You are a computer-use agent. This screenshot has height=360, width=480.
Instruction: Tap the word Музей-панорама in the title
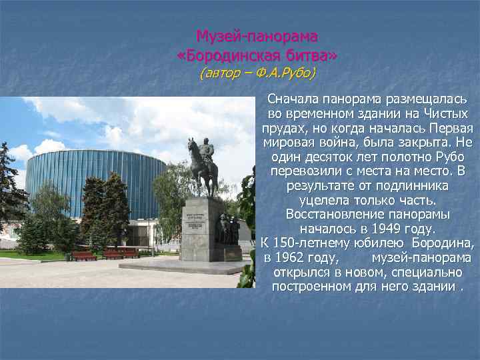pyautogui.click(x=257, y=35)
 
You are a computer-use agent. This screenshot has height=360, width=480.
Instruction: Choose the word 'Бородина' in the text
pyautogui.click(x=443, y=243)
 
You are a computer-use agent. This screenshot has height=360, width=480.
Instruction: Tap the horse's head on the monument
pyautogui.click(x=191, y=145)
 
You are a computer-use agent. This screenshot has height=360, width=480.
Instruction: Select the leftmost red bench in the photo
pyautogui.click(x=84, y=255)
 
